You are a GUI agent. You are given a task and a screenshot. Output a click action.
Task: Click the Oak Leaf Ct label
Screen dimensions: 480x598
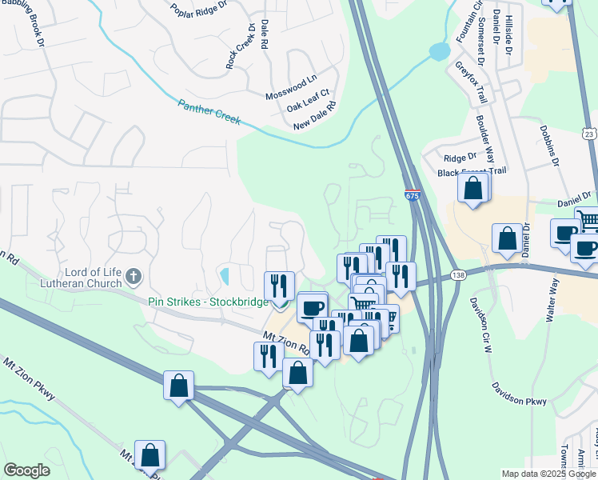pos(309,105)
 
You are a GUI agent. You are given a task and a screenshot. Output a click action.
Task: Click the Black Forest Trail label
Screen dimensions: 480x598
pos(472,172)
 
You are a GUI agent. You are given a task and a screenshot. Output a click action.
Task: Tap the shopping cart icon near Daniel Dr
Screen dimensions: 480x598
pos(588,218)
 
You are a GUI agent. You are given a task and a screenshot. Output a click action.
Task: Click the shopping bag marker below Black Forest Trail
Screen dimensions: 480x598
pos(473,189)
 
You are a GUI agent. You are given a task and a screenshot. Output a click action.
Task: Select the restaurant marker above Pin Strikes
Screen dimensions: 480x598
pos(280,285)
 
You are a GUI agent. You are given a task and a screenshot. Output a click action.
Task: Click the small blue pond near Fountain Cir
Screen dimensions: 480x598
pos(439,52)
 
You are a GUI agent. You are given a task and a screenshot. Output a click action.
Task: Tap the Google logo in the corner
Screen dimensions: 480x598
pos(26,470)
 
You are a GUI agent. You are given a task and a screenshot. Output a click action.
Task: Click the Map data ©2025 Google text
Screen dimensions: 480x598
pos(548,474)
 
